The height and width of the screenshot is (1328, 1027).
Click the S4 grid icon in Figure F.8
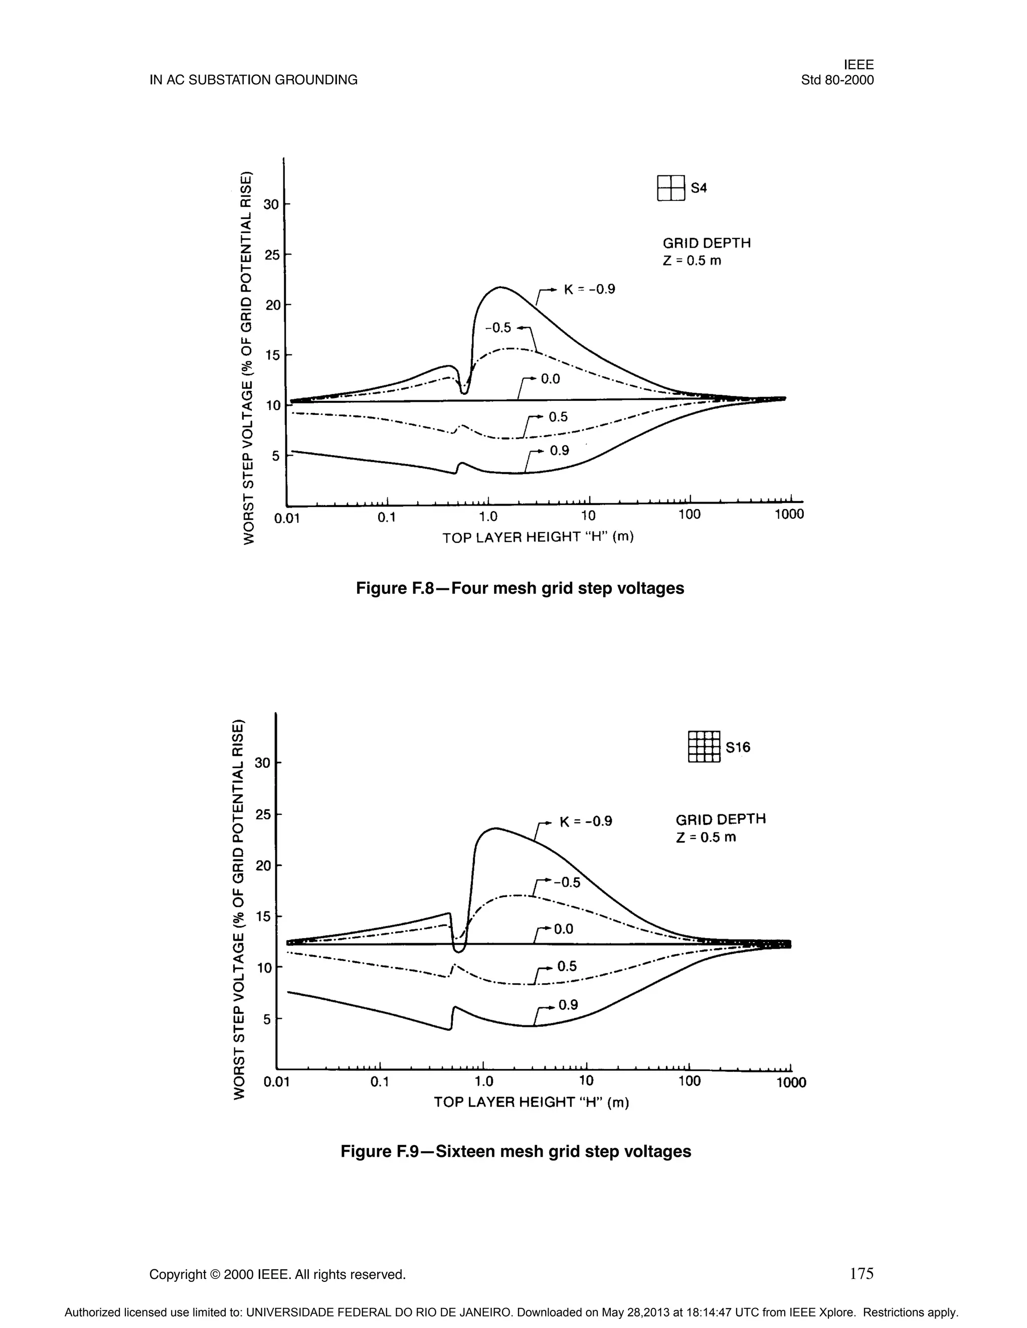[671, 187]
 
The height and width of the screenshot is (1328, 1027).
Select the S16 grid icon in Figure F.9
[704, 747]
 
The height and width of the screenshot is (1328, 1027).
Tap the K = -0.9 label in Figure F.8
[589, 290]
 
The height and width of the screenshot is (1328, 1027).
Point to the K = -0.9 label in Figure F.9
[585, 821]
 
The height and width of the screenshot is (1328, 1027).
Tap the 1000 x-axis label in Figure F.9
[791, 1082]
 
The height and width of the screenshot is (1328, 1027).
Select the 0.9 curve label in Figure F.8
[559, 451]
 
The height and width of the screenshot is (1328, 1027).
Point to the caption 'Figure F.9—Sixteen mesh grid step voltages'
[516, 1151]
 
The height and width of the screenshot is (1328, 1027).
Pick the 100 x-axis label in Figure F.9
[690, 1080]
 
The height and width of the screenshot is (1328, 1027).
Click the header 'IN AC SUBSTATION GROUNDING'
[254, 80]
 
